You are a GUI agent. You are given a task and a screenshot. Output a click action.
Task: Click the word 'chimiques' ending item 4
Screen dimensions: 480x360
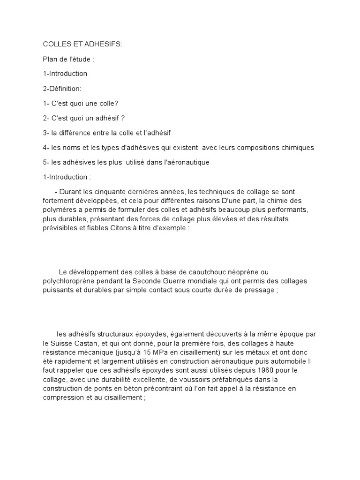point(297,148)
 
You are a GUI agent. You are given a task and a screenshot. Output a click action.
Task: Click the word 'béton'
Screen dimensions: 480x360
point(134,389)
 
